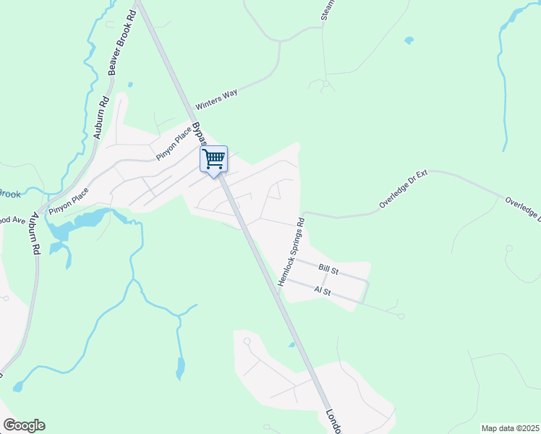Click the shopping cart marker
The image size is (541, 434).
click(214, 159)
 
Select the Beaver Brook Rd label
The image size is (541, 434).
click(120, 43)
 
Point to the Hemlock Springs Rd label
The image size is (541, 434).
click(292, 248)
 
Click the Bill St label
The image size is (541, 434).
click(329, 268)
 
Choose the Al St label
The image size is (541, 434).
click(323, 290)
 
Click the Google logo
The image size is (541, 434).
click(24, 425)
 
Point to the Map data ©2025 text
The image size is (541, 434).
click(510, 428)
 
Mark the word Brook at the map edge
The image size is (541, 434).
click(9, 193)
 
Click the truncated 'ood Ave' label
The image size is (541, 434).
click(12, 219)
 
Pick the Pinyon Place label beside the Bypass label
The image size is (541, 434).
click(174, 143)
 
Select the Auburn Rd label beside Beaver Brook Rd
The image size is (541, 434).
click(101, 117)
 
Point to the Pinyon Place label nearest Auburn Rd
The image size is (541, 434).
click(69, 200)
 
